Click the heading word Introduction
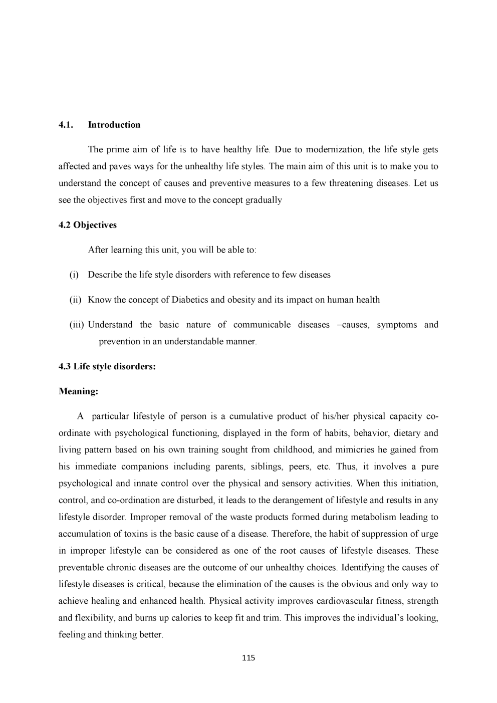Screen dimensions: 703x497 [x=114, y=125]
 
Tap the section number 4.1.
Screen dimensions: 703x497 [x=66, y=125]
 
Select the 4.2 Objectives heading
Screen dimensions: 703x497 [x=88, y=225]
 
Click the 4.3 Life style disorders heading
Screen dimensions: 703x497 [x=107, y=366]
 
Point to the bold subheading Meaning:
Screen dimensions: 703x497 [x=78, y=391]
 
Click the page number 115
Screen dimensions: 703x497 [x=248, y=658]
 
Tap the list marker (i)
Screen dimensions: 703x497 [x=74, y=275]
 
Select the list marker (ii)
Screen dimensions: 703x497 [x=75, y=300]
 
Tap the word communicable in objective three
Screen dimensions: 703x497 [x=262, y=325]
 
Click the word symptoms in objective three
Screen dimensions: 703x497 [x=397, y=325]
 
